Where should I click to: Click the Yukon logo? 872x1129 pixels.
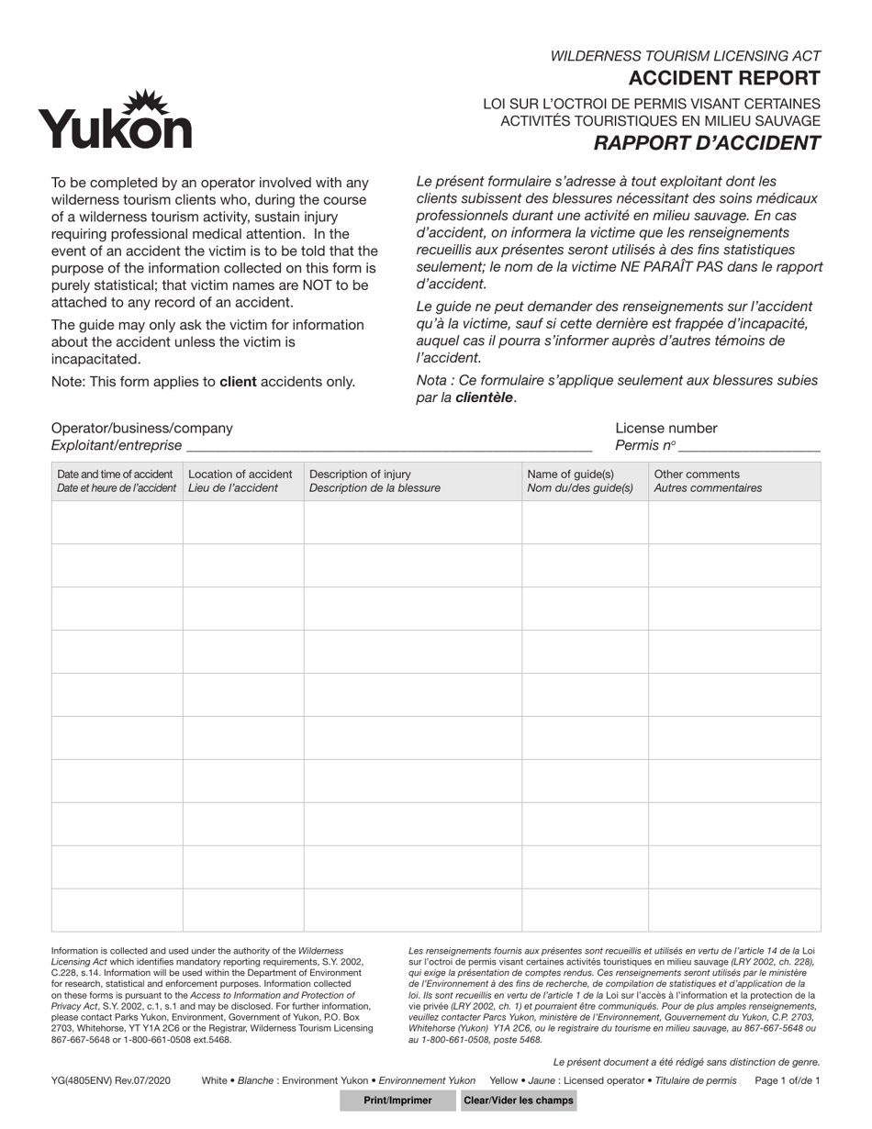115,120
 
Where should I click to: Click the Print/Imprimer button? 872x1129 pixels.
397,1101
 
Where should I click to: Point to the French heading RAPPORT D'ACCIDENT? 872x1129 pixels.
706,143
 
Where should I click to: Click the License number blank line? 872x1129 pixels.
748,446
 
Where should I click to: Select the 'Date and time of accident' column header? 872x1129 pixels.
117,481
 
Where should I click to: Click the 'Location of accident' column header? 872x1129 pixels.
241,481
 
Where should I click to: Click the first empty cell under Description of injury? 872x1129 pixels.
412,522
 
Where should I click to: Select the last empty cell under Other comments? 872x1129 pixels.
734,911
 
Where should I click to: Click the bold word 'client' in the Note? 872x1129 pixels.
238,382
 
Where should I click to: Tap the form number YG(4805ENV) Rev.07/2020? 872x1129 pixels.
110,1081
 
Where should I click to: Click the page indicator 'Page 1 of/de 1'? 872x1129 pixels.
787,1081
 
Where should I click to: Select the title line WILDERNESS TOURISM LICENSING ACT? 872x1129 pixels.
685,56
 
